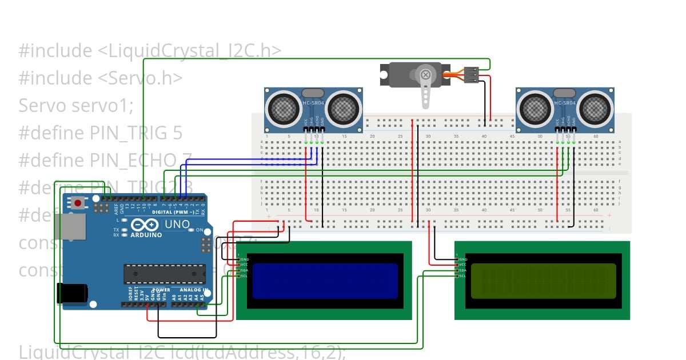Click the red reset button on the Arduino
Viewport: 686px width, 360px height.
78,202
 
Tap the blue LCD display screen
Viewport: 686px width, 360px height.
317,281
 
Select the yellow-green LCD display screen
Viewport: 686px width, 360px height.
543,281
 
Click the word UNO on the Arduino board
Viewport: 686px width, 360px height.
177,225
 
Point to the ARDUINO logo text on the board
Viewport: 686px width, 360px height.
146,235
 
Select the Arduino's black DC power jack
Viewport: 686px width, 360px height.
71,294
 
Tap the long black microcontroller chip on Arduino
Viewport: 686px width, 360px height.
165,274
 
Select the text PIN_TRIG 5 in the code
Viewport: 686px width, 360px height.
136,133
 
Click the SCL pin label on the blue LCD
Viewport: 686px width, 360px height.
245,277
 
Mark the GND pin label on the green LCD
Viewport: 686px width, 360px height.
462,259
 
